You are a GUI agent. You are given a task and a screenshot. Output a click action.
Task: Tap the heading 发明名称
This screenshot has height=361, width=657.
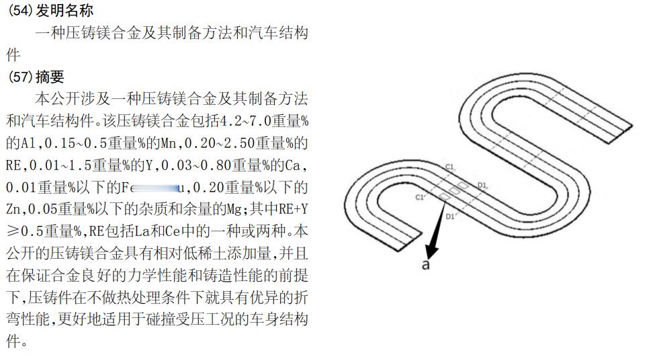66,11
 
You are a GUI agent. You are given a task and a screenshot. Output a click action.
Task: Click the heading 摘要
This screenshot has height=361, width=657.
51,77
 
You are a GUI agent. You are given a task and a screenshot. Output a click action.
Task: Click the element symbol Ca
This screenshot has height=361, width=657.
296,165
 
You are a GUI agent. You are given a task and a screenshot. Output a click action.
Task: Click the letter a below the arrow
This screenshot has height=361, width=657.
425,264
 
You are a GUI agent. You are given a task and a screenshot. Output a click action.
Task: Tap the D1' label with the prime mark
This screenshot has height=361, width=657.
451,216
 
